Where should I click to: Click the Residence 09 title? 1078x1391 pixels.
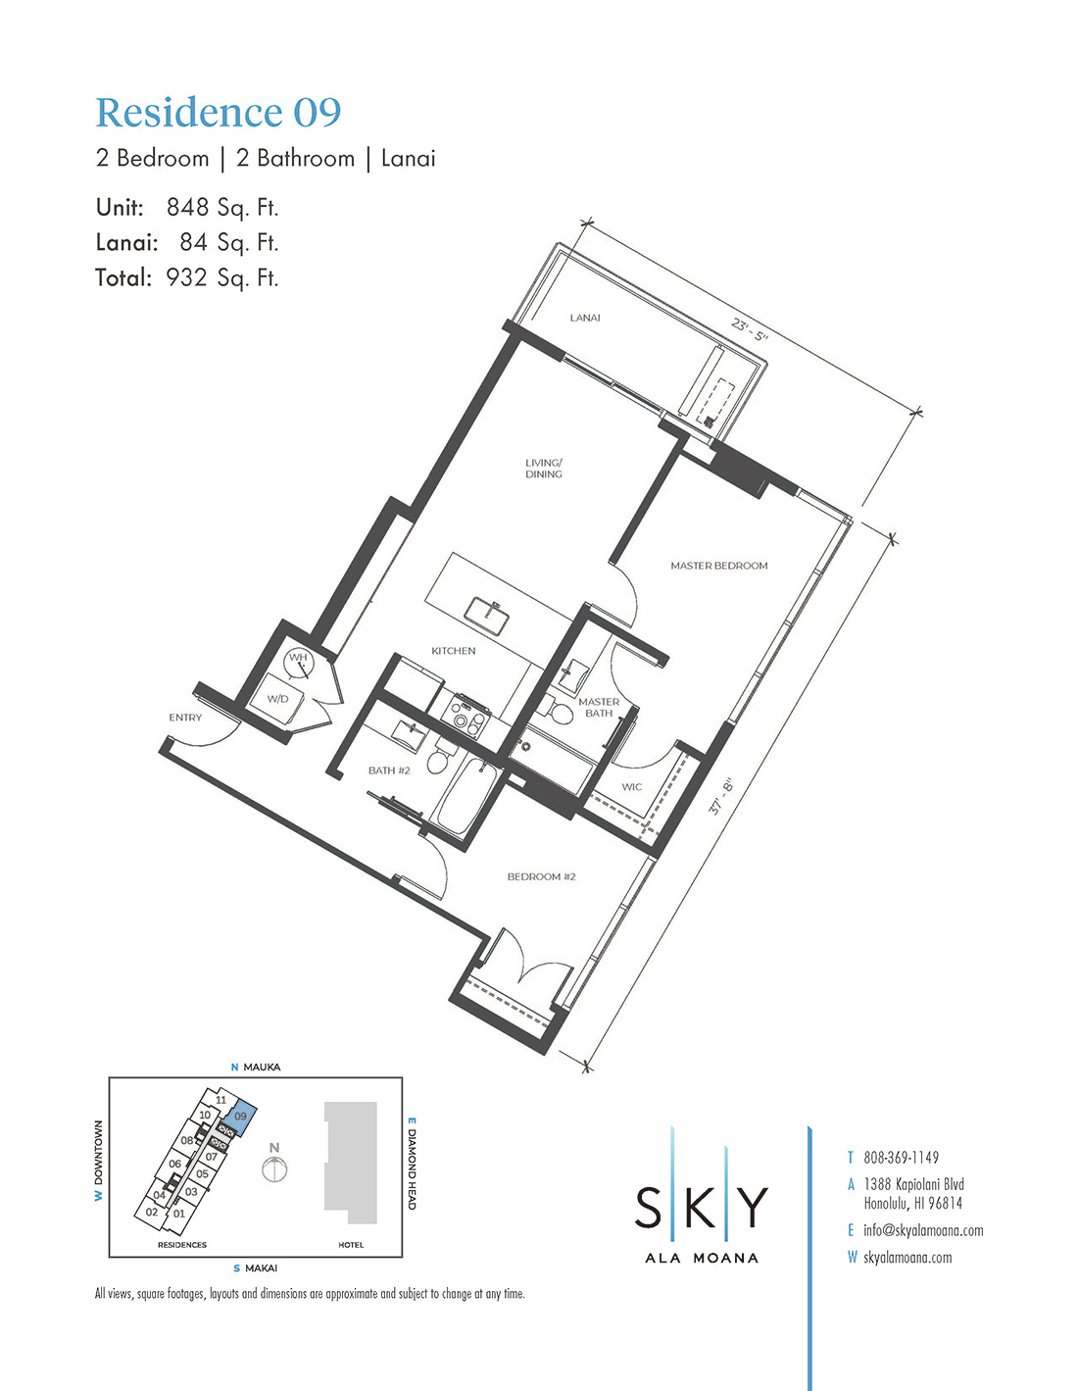[x=219, y=114]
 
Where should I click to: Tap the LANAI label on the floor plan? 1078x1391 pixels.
[x=585, y=318]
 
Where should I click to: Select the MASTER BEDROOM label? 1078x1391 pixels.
[x=719, y=566]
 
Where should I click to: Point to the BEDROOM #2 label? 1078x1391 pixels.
[x=541, y=876]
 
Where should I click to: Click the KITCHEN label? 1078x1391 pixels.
[x=453, y=650]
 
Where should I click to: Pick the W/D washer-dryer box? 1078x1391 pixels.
[x=277, y=699]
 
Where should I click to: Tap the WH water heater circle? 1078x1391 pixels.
[x=299, y=663]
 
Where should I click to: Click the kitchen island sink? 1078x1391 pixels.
[x=487, y=615]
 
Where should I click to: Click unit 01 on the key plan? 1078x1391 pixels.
[x=179, y=1213]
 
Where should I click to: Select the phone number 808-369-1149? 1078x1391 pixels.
[x=901, y=1158]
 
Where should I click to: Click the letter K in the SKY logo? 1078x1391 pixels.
[x=701, y=1208]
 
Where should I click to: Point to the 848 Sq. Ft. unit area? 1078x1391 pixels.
[x=222, y=208]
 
